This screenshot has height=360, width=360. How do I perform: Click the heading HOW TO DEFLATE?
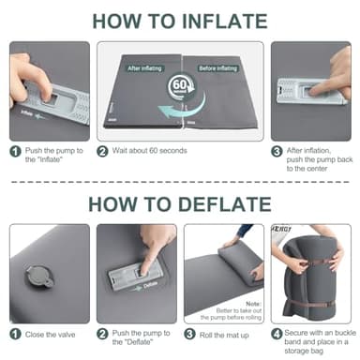point(180,203)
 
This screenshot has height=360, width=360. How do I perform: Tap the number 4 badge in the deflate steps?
point(277,333)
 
